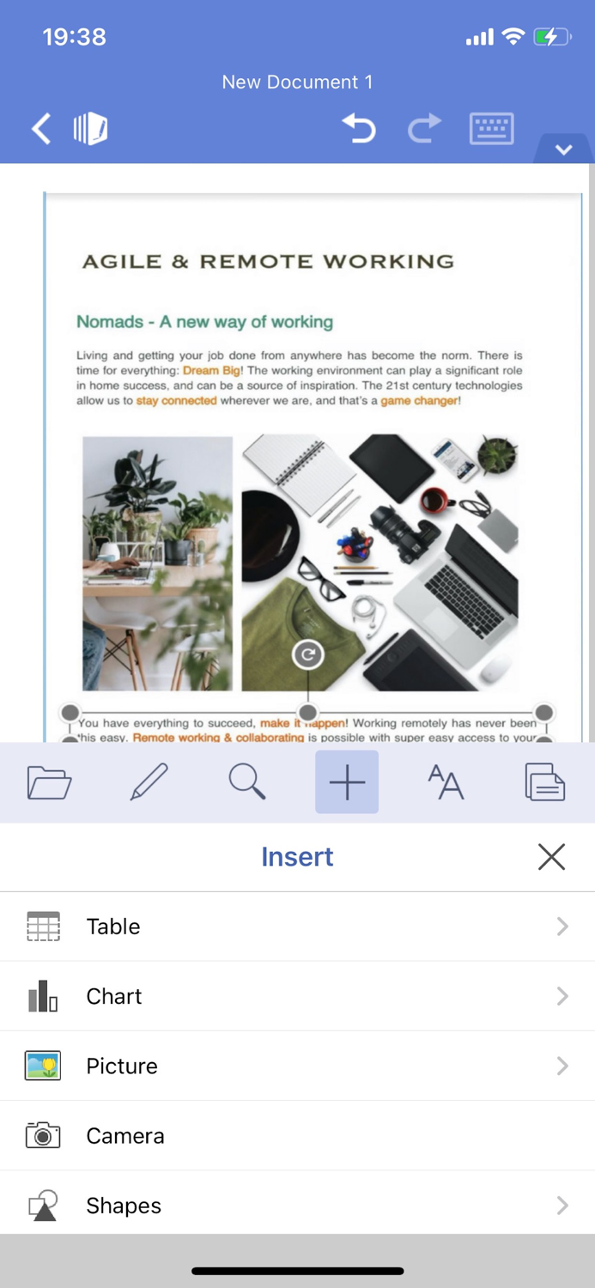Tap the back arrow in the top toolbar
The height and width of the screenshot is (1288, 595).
[41, 129]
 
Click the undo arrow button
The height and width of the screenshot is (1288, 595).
[359, 129]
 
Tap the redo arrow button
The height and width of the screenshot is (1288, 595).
[423, 129]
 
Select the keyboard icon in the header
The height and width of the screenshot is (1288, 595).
[491, 129]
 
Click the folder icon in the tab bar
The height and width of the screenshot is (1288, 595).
[49, 782]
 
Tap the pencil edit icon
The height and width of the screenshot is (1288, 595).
[149, 782]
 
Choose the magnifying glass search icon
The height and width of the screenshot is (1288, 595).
[247, 782]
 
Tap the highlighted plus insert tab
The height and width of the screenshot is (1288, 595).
[347, 782]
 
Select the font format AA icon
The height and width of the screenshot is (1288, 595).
[446, 782]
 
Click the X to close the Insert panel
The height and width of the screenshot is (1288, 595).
[551, 856]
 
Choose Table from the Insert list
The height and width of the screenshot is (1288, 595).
[113, 927]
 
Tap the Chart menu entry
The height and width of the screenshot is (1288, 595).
[114, 996]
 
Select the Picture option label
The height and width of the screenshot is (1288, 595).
[122, 1066]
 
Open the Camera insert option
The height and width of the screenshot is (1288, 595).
[124, 1135]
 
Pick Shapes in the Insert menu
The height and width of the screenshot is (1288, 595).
[124, 1206]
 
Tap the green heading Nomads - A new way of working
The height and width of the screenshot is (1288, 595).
[204, 322]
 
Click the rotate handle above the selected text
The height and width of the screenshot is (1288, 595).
[307, 655]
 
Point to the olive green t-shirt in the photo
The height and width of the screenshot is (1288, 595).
[288, 635]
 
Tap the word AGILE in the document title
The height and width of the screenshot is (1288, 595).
[121, 262]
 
